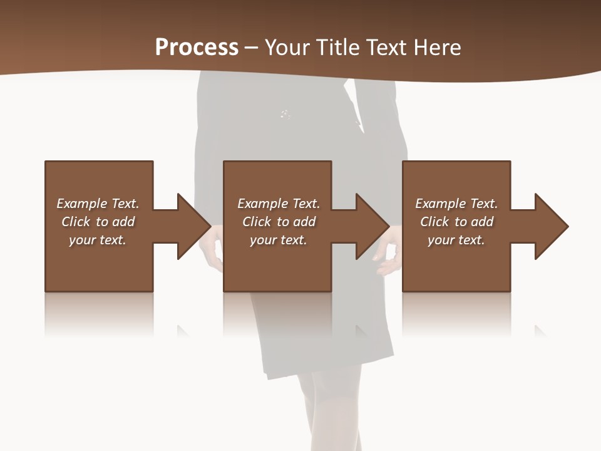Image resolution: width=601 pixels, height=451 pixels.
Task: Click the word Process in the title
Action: tap(197, 47)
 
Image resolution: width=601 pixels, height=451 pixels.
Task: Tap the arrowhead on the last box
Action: tap(550, 226)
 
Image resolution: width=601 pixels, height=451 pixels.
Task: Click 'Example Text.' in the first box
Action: tap(98, 204)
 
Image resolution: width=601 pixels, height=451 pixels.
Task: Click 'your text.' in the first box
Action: tap(98, 240)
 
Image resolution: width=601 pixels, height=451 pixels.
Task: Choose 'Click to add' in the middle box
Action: tap(279, 222)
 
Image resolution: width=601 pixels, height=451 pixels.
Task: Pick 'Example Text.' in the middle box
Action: tap(279, 204)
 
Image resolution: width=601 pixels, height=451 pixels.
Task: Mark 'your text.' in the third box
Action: tap(456, 240)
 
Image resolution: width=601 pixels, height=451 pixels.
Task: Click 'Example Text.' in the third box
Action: tap(456, 204)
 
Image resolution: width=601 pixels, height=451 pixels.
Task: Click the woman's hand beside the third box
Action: tap(388, 257)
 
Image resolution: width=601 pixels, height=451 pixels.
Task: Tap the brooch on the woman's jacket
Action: tap(285, 114)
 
